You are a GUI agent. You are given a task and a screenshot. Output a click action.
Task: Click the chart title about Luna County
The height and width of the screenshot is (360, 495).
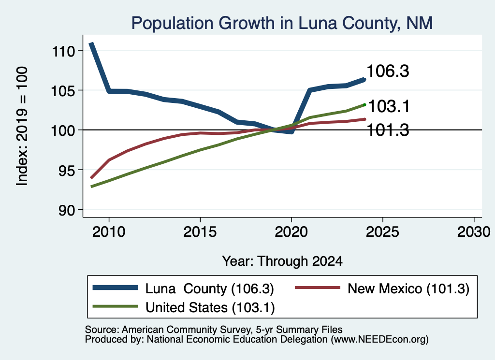coord(282,23)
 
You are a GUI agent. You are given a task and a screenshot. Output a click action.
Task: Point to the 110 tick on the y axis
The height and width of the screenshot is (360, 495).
coord(63,51)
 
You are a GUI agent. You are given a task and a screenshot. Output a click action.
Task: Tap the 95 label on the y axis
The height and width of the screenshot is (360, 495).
coord(67,171)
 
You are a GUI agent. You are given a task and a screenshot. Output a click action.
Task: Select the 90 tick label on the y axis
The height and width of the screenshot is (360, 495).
coord(67,210)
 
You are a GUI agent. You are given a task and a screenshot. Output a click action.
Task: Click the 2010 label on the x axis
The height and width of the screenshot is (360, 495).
coord(109,232)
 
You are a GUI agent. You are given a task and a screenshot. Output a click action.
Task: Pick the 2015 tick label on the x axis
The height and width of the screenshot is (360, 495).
coord(200,232)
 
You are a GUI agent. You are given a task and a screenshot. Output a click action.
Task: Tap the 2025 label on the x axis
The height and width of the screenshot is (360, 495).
coord(382,232)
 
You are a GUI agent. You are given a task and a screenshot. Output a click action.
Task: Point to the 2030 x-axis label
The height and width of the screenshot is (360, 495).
coord(474,232)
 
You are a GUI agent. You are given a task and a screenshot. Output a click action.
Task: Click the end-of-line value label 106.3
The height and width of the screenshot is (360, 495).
coord(388,71)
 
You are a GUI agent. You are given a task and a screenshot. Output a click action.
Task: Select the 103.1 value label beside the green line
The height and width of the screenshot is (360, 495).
coord(389,106)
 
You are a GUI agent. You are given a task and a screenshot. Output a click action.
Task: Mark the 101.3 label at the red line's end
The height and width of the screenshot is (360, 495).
coord(388,130)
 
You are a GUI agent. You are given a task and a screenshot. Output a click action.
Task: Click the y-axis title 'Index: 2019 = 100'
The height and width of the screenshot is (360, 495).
coord(22,126)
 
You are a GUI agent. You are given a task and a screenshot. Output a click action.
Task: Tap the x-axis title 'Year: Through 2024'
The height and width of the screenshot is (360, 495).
coord(282,261)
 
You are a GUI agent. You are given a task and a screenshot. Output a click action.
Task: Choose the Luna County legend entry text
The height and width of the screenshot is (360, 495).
coord(210,288)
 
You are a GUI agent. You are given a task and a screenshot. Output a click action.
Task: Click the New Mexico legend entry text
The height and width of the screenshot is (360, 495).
coord(408,288)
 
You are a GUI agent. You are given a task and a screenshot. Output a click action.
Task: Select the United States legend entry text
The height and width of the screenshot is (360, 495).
coord(210,308)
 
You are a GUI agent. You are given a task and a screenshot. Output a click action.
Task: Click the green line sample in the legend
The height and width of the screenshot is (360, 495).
coord(115,306)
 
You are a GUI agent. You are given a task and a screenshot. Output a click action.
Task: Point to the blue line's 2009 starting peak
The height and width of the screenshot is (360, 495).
coord(91,43)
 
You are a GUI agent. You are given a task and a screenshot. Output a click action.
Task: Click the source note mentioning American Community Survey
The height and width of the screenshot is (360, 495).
coord(214,330)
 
